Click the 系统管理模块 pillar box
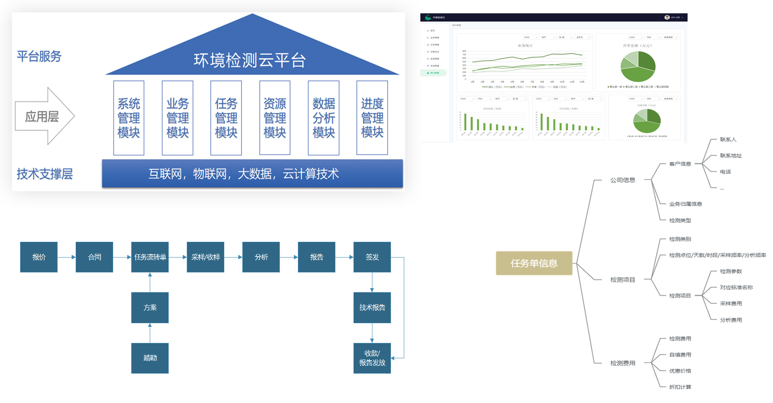coord(129,118)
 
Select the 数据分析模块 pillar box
coord(324,118)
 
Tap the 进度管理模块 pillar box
coord(372,118)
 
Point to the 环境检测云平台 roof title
coord(250,60)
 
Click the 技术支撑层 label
coord(45,174)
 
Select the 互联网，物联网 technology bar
coord(252,174)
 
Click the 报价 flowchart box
coord(39,257)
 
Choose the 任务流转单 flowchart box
coord(150,257)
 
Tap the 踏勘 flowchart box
coord(150,358)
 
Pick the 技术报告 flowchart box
coord(372,307)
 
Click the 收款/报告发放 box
coord(372,358)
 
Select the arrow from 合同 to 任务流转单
coord(122,257)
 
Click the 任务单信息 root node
coord(534,263)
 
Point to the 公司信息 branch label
coord(622,180)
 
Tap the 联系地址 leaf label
coord(731,156)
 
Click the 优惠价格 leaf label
coord(680,371)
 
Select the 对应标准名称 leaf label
coord(736,287)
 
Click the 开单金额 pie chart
coord(638,66)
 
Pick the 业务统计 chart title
coord(525,46)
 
